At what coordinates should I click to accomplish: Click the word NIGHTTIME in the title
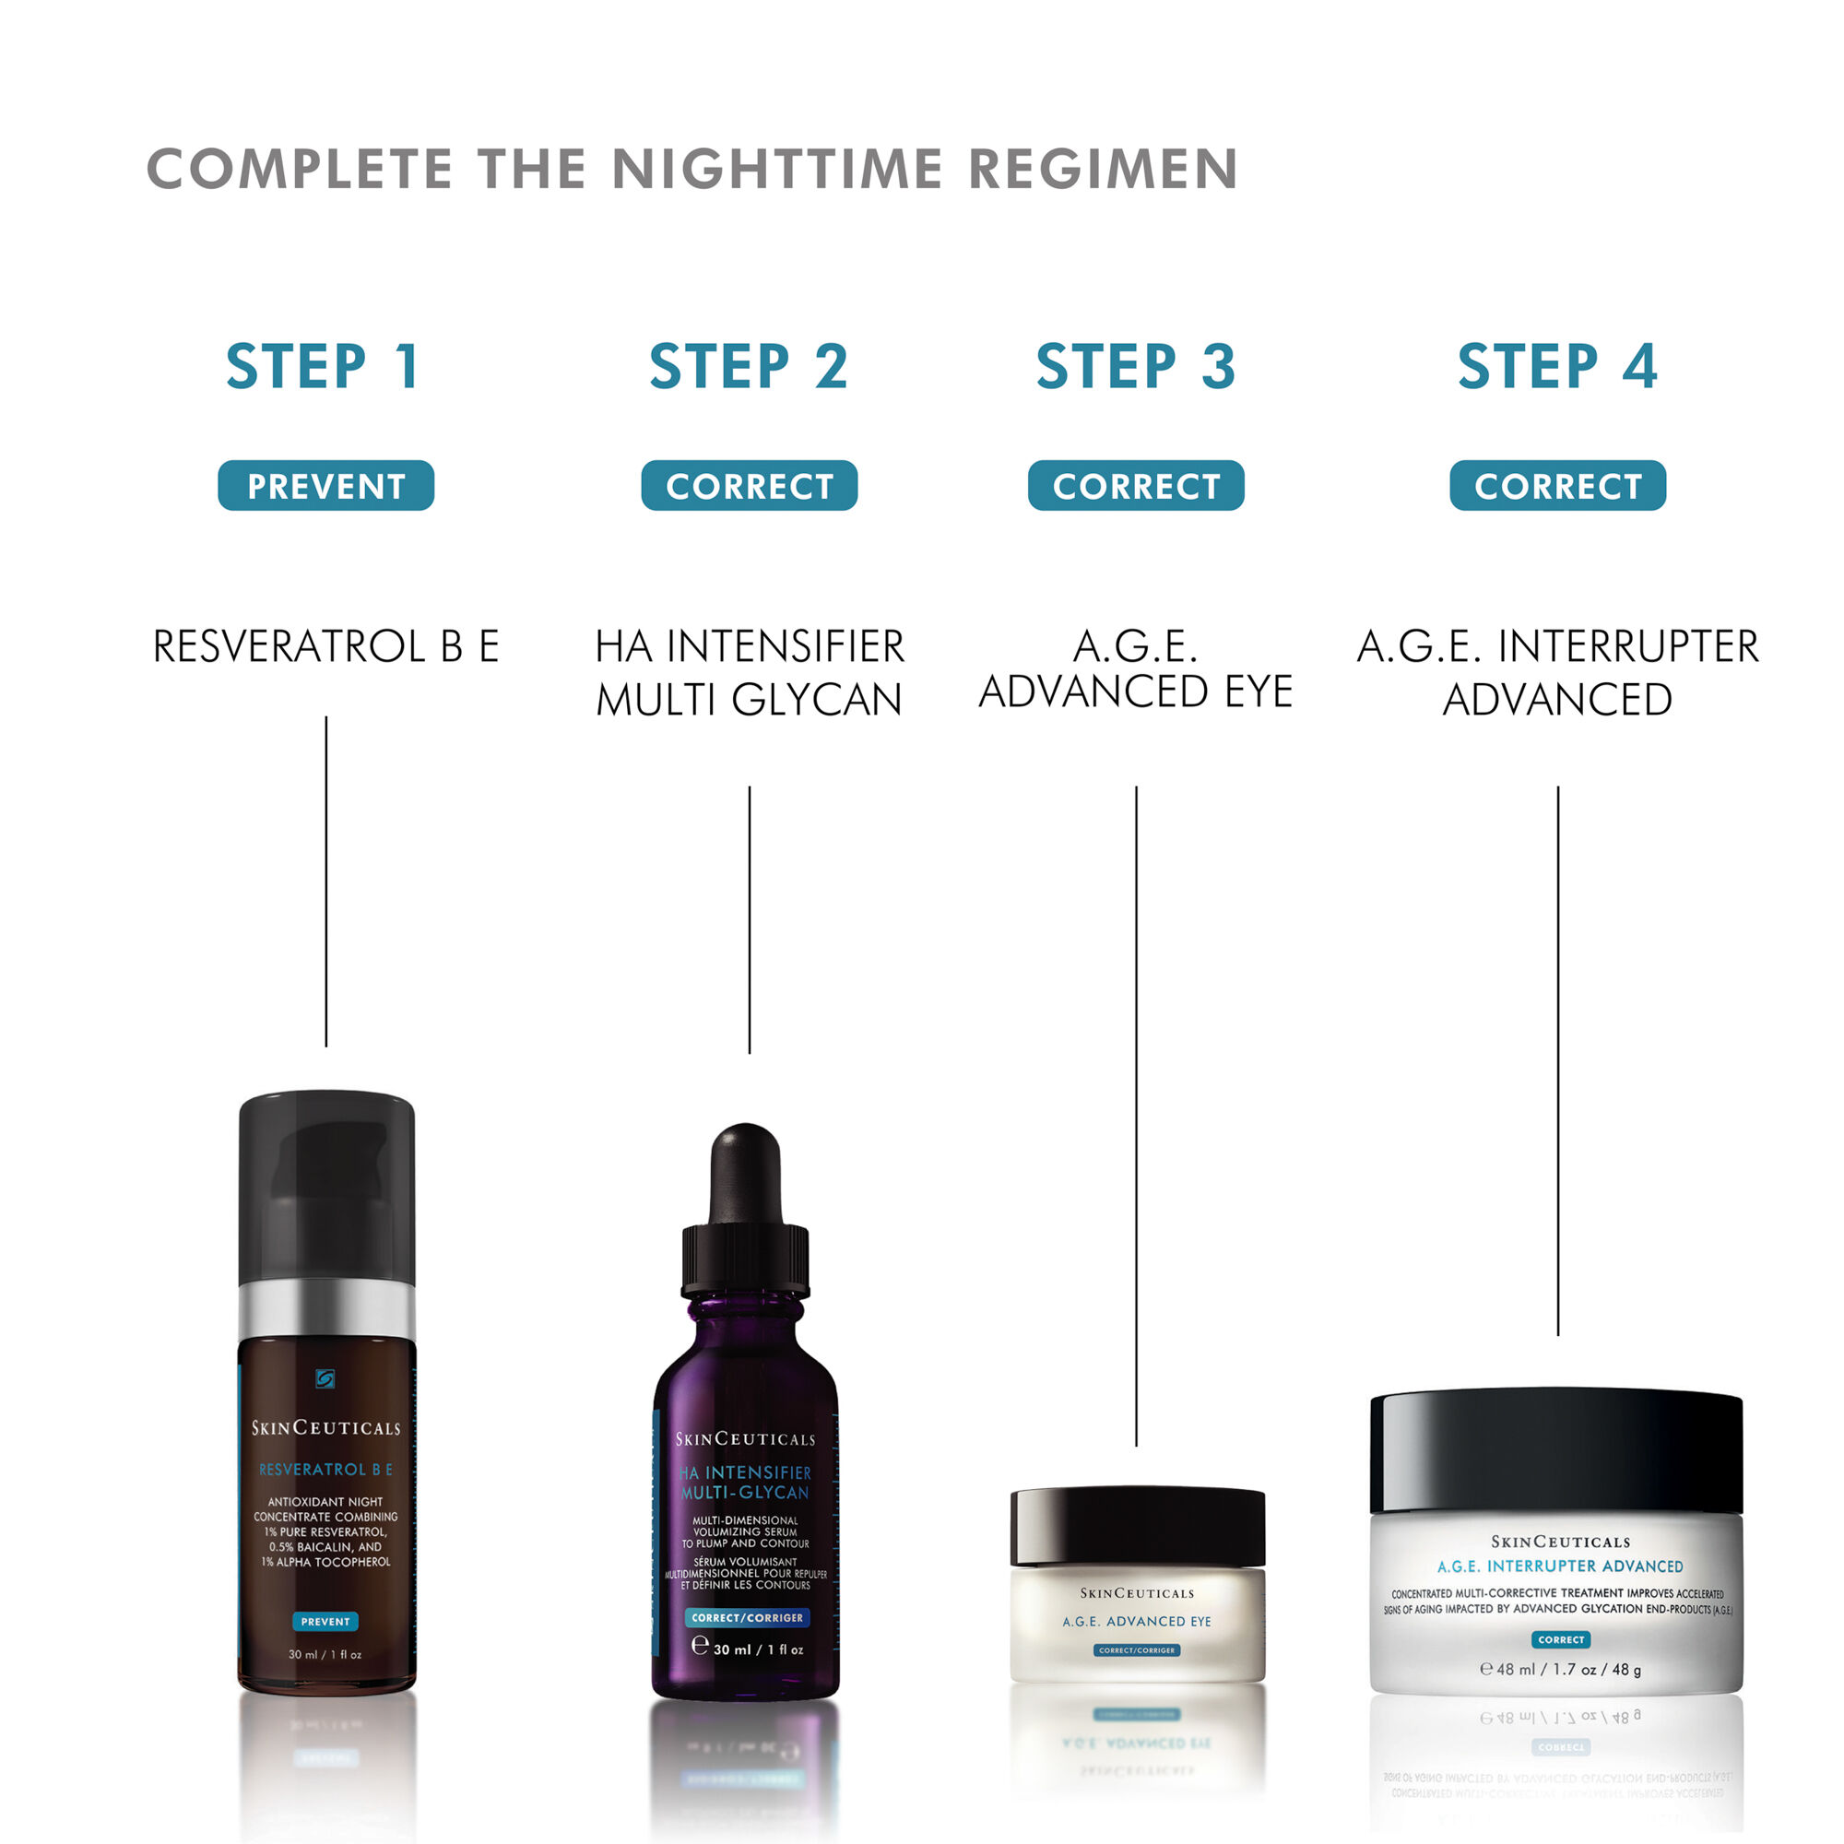[x=777, y=170]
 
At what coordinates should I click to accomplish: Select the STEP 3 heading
[x=1136, y=367]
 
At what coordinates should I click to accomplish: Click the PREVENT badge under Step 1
[x=325, y=486]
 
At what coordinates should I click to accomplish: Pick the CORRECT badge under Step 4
[x=1557, y=486]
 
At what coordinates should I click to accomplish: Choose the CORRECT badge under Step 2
[x=750, y=486]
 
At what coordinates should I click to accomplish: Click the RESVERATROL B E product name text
[x=325, y=647]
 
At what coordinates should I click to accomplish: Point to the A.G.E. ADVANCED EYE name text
[x=1136, y=669]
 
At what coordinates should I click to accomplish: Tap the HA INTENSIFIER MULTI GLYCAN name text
[x=750, y=673]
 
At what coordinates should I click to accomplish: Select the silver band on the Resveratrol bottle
[x=326, y=1308]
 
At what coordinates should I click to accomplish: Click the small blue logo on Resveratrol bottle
[x=325, y=1379]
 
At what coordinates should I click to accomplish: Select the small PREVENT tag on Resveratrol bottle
[x=325, y=1622]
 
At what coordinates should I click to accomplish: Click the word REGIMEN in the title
[x=1103, y=170]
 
